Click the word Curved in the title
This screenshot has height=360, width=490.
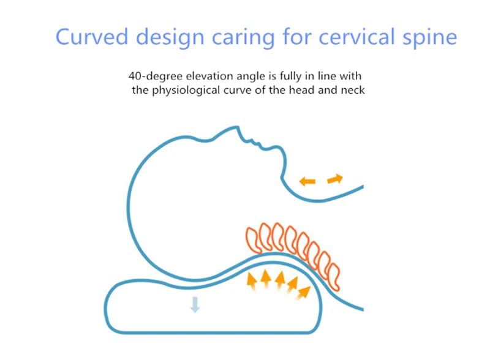tap(92, 37)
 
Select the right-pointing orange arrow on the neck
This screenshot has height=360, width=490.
tap(335, 179)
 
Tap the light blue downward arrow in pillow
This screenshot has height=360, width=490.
tap(195, 304)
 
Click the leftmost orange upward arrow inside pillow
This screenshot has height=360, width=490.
tap(252, 280)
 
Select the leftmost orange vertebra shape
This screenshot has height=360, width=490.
tap(252, 239)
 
